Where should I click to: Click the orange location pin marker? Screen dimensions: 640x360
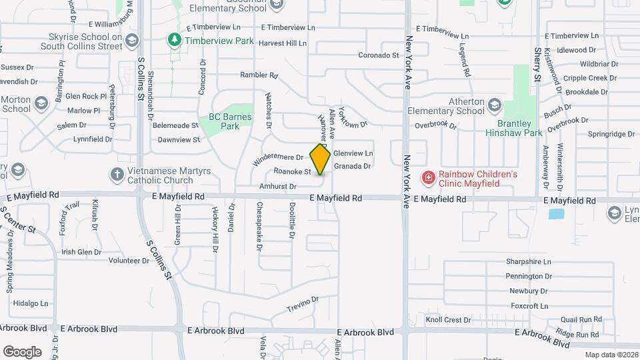pos(320,159)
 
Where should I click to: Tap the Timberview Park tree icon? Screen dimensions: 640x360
pos(175,41)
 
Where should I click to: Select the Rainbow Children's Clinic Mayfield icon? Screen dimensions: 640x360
pos(429,178)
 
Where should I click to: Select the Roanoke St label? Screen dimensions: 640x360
pos(288,171)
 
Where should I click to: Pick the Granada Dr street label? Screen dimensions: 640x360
pos(351,166)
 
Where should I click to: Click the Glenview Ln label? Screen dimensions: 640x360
pos(353,153)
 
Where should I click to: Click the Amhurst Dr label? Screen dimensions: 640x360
pos(277,187)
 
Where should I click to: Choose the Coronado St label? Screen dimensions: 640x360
pos(378,55)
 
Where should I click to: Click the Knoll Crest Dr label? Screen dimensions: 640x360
pos(448,320)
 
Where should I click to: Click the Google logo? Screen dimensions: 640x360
pos(22,351)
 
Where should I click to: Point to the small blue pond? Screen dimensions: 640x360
pos(555,214)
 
